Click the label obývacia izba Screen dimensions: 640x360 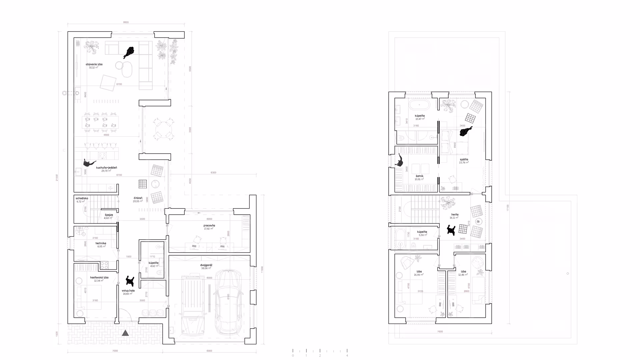click(94, 64)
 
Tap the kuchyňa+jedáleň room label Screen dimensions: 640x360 click(107, 168)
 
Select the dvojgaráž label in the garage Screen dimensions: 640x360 click(207, 265)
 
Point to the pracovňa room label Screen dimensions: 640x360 click(209, 226)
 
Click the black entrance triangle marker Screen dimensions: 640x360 click(125, 333)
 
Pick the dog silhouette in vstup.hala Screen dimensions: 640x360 click(130, 281)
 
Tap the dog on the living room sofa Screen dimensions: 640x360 click(129, 52)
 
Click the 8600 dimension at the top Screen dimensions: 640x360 click(126, 22)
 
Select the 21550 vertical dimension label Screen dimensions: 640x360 click(57, 178)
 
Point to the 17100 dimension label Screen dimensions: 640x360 click(508, 208)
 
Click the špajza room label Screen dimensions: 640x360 click(109, 215)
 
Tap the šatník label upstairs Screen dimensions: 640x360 click(419, 176)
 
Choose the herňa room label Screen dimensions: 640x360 click(455, 215)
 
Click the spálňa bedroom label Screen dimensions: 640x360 click(464, 160)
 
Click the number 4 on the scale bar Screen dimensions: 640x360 click(347, 355)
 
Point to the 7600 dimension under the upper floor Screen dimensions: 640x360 click(440, 332)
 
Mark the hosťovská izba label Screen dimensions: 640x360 click(99, 278)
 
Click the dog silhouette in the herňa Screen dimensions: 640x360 click(451, 230)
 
